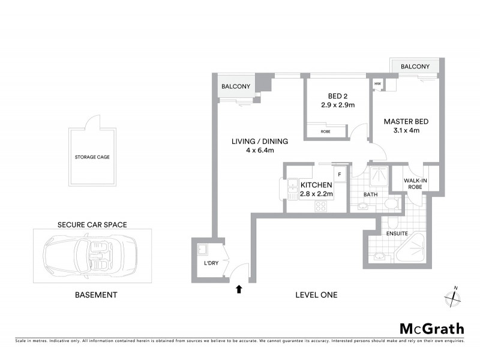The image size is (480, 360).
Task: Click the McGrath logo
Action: (x=432, y=328)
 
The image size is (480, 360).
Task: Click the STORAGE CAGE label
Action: (x=92, y=157)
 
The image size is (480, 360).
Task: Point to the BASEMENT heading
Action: (x=95, y=295)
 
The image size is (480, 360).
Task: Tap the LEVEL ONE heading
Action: (x=316, y=295)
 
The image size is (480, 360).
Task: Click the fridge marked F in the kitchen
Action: (x=340, y=175)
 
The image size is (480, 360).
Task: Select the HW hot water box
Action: (x=378, y=84)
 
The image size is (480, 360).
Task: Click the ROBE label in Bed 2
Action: (x=325, y=131)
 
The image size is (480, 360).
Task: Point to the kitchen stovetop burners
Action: (x=321, y=205)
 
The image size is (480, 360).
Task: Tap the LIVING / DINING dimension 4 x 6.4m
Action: (x=260, y=151)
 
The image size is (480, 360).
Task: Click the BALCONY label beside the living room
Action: (x=236, y=86)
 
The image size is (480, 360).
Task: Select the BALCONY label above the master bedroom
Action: (x=415, y=67)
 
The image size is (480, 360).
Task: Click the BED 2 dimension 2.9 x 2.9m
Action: (x=338, y=105)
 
